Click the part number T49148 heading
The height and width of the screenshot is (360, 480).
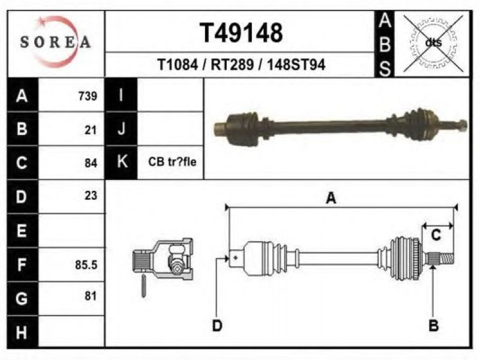click(241, 33)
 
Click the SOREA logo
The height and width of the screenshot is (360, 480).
click(55, 41)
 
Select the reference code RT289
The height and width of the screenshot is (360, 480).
click(232, 65)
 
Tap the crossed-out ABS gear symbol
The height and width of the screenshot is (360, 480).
click(433, 43)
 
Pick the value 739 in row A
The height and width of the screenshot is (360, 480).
click(88, 96)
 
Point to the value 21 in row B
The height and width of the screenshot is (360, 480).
click(91, 130)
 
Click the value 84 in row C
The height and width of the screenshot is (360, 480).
click(91, 163)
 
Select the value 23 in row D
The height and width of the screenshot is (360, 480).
click(91, 196)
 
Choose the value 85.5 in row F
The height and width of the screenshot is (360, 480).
click(86, 265)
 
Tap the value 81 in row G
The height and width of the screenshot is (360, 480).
click(91, 296)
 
